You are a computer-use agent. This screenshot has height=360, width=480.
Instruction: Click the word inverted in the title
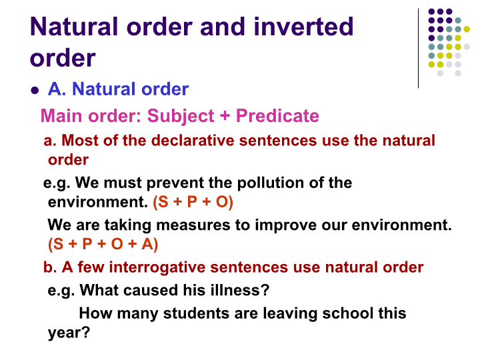(x=303, y=27)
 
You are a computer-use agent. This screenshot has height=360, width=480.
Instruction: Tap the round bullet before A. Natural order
(x=35, y=90)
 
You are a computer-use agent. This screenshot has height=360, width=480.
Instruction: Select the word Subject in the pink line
(x=181, y=116)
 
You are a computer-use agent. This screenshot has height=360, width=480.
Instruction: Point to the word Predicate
(x=277, y=116)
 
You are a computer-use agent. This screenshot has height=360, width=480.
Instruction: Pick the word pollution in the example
(x=270, y=183)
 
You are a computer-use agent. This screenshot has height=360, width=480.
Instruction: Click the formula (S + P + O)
(x=193, y=202)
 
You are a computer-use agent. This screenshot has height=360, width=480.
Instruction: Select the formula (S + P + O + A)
(x=103, y=244)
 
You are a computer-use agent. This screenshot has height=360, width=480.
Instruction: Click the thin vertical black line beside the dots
(x=418, y=49)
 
